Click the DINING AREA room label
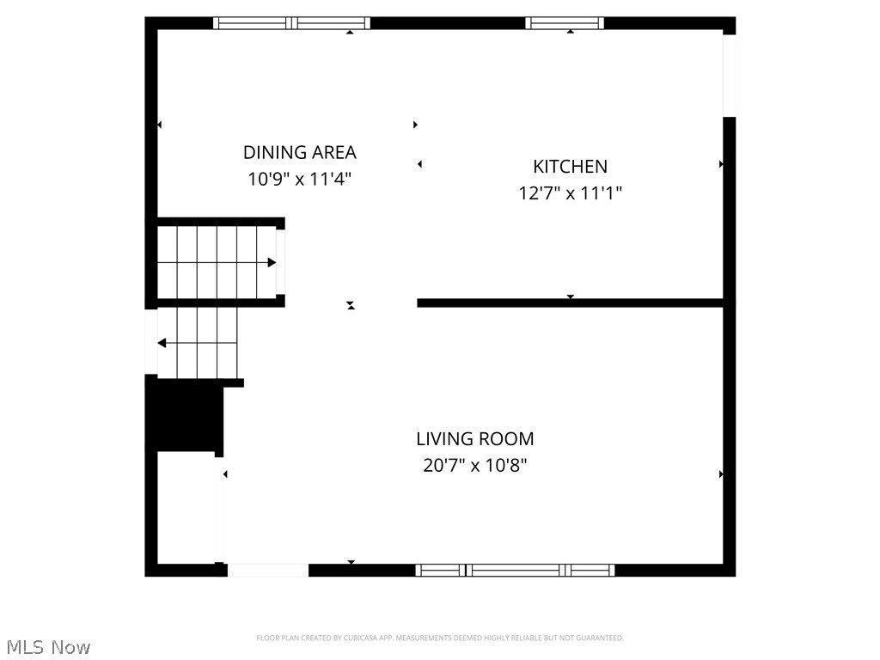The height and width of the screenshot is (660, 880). click(299, 153)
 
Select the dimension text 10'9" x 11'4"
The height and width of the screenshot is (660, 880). click(299, 180)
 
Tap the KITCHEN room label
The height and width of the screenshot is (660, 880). click(570, 167)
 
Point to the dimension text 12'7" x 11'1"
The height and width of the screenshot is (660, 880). click(570, 193)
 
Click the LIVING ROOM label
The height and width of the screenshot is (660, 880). click(474, 439)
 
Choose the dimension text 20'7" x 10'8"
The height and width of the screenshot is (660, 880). click(474, 466)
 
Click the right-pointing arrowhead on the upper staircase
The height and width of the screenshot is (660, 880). click(272, 262)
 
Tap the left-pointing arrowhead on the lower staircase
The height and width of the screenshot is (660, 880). click(162, 344)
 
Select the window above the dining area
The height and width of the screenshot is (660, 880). click(291, 23)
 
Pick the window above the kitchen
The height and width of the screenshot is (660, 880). click(565, 23)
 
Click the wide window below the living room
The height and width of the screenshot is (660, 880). click(515, 570)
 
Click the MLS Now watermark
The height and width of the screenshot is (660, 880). click(47, 646)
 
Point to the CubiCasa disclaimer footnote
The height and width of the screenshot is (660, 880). click(440, 638)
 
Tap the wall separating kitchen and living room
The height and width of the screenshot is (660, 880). click(570, 302)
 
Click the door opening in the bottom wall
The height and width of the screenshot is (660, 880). click(267, 570)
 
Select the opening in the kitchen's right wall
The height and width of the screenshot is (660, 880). click(730, 76)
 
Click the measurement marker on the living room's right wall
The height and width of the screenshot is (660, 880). click(721, 474)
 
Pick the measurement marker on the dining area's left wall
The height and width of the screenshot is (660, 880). click(160, 125)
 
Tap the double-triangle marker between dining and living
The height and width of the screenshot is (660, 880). click(351, 305)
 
